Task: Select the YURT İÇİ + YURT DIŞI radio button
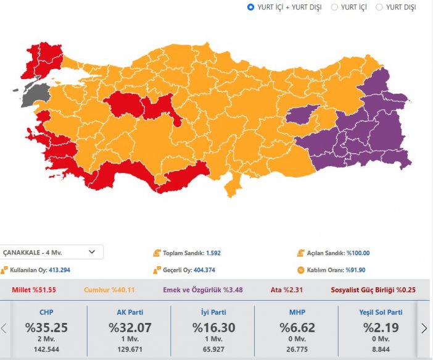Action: [x=251, y=7]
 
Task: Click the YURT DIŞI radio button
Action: [x=379, y=7]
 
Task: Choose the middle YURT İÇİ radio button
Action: [x=335, y=7]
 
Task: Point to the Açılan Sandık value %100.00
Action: [x=358, y=253]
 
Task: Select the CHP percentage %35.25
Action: [x=46, y=327]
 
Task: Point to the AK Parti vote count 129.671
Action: [x=129, y=350]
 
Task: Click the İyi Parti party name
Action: [x=213, y=312]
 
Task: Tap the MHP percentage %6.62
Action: [x=297, y=327]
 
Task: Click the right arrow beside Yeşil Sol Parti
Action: [x=424, y=328]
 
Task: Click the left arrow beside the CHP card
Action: [x=4, y=328]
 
